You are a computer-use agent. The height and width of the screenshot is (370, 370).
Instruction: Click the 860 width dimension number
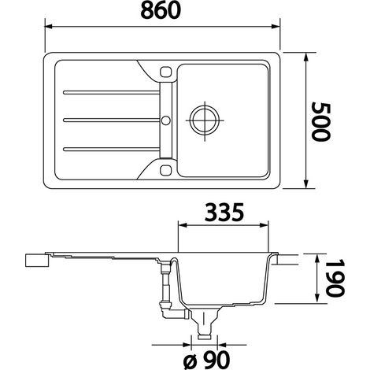click(161, 10)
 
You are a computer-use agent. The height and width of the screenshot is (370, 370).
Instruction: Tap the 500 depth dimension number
click(321, 122)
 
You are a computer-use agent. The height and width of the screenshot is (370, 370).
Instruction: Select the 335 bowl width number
click(224, 212)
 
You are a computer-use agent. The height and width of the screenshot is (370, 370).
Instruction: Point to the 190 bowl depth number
click(335, 278)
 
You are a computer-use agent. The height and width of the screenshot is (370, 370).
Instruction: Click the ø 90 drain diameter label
click(206, 359)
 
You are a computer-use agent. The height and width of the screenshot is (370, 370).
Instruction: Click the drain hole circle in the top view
click(205, 120)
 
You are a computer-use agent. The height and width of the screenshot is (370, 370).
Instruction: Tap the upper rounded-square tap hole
click(165, 72)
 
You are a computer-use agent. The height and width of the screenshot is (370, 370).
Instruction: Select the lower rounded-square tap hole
click(165, 170)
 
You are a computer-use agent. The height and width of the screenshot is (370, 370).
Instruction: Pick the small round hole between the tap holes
click(165, 120)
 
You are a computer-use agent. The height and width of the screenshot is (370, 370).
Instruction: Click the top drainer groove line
click(112, 92)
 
